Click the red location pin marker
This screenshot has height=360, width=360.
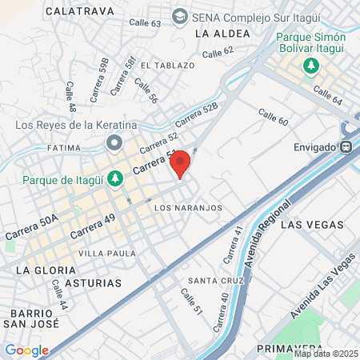tap(180, 163)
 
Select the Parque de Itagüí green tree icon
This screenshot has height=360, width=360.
tap(115, 178)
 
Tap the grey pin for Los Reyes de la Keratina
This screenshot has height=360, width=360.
tap(114, 144)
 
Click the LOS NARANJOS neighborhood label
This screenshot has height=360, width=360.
tap(187, 208)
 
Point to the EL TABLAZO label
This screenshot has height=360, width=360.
tap(167, 65)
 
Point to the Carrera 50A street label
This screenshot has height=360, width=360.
tap(31, 228)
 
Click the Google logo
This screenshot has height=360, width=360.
tap(26, 350)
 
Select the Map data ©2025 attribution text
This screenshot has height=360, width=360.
tap(326, 354)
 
